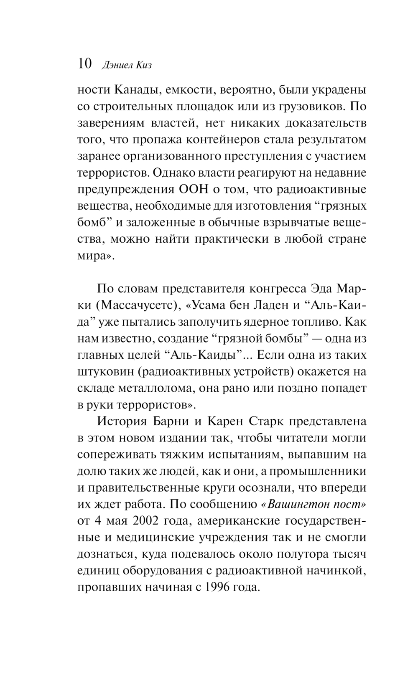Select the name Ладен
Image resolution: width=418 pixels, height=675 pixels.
[270, 305]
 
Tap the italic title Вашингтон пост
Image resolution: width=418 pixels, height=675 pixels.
[313, 504]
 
